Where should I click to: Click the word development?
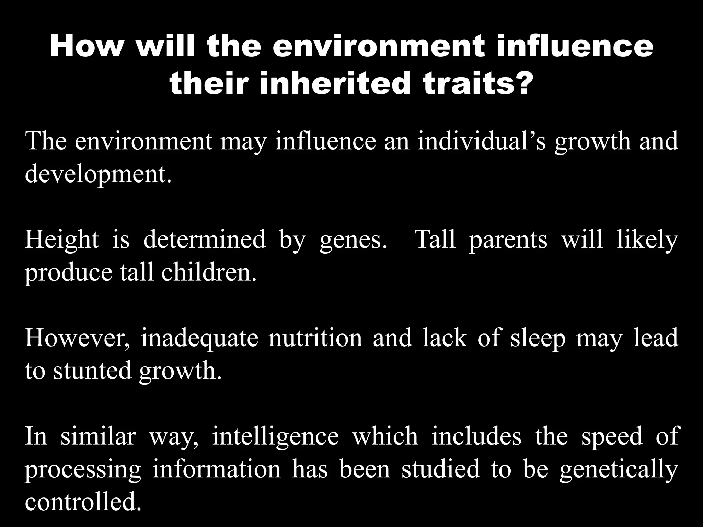click(98, 175)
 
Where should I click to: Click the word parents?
click(508, 240)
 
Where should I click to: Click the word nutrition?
click(315, 338)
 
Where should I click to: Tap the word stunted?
click(92, 371)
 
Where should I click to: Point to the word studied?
click(440, 469)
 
